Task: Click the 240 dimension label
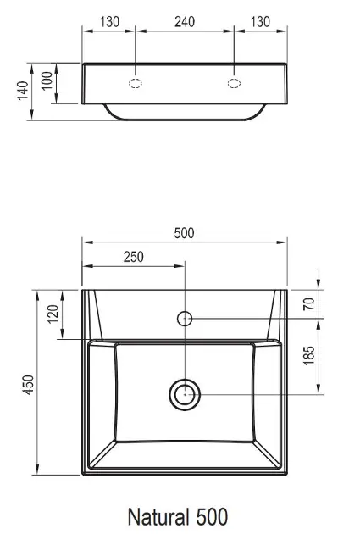[185, 22]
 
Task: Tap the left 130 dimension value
[109, 22]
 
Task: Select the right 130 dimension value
[260, 22]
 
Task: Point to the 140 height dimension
[23, 90]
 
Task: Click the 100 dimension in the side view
[47, 81]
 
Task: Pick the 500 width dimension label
[184, 233]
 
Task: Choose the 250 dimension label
[133, 257]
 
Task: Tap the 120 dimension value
[53, 314]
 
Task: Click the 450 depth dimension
[29, 385]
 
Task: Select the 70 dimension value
[309, 303]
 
